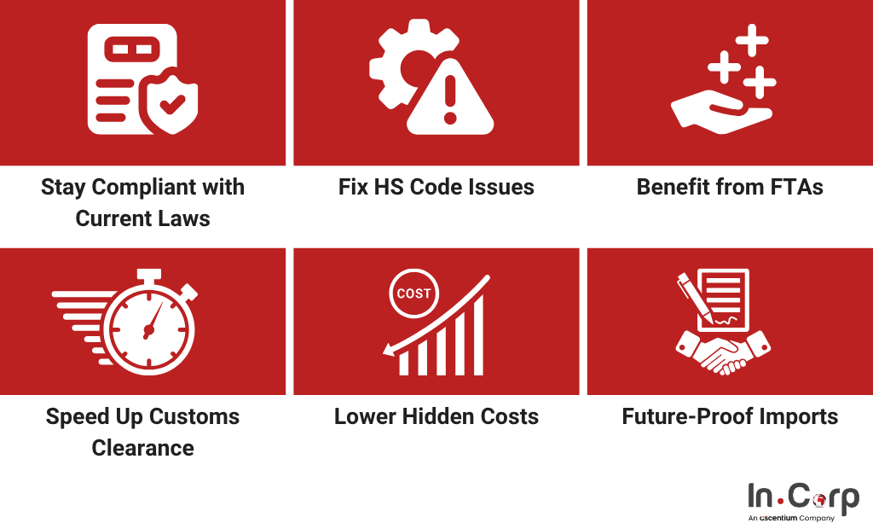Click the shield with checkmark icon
click(x=172, y=104)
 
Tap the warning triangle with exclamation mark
click(x=450, y=96)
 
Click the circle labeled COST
click(x=413, y=293)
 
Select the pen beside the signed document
click(x=695, y=298)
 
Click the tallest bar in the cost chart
click(x=478, y=334)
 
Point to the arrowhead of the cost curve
click(x=389, y=350)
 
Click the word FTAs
click(x=797, y=187)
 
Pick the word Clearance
click(x=143, y=448)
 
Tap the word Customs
click(x=194, y=416)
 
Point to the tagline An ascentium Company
click(x=791, y=518)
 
